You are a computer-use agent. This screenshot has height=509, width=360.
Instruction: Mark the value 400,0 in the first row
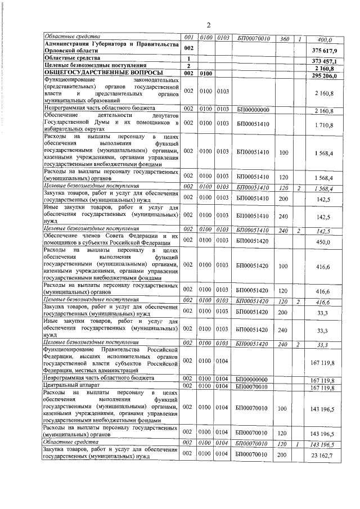pyautogui.click(x=326, y=39)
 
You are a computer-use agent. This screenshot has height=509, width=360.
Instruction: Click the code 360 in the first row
pyautogui.click(x=284, y=39)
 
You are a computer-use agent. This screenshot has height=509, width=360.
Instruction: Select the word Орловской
pyautogui.click(x=61, y=51)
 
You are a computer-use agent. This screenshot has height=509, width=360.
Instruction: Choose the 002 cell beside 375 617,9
pyautogui.click(x=188, y=48)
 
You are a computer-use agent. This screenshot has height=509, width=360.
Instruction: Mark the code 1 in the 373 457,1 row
pyautogui.click(x=188, y=58)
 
